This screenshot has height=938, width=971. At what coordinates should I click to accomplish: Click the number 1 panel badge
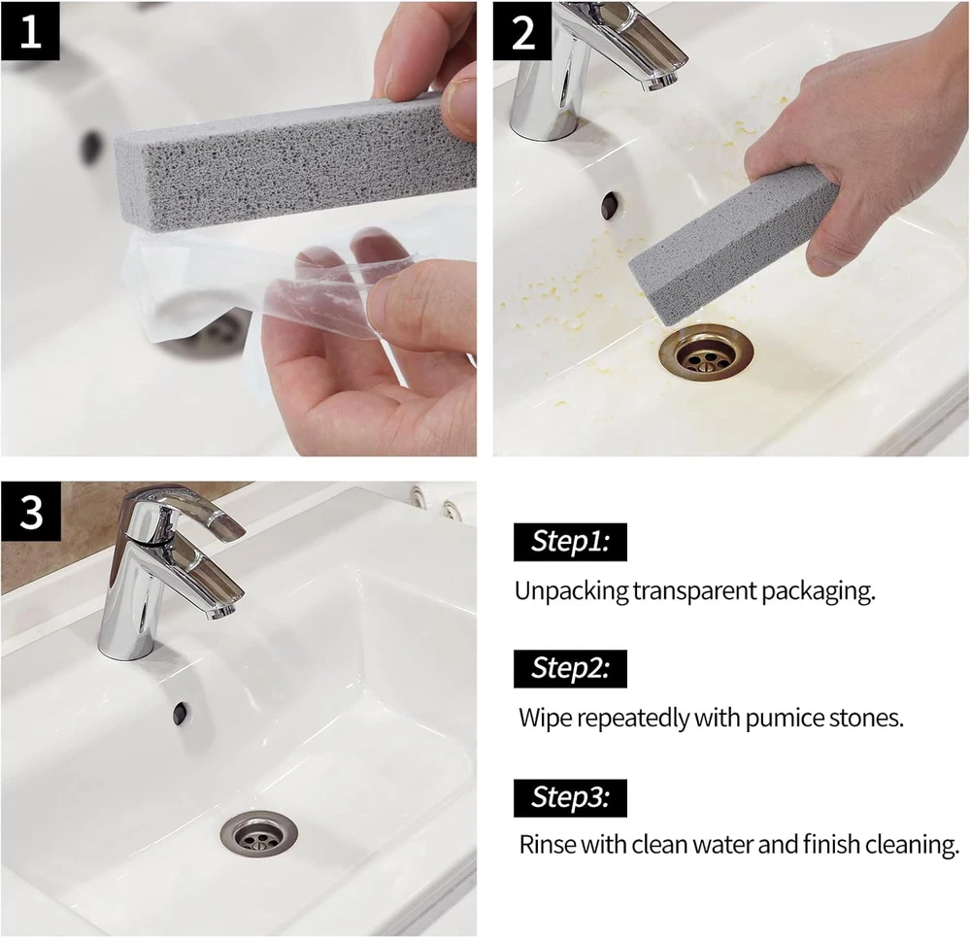pos(30,31)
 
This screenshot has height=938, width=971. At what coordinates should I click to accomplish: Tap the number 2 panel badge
pos(522,31)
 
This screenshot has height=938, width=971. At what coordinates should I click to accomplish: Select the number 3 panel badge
pos(31,512)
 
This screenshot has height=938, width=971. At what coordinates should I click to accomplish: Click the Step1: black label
pos(570,542)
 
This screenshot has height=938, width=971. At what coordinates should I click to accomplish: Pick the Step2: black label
pos(570,669)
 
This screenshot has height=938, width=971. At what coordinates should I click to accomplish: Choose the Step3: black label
pos(570,797)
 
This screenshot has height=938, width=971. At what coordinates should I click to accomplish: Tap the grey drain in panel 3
pos(259,836)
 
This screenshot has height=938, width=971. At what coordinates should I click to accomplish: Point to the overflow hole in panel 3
pos(181,713)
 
